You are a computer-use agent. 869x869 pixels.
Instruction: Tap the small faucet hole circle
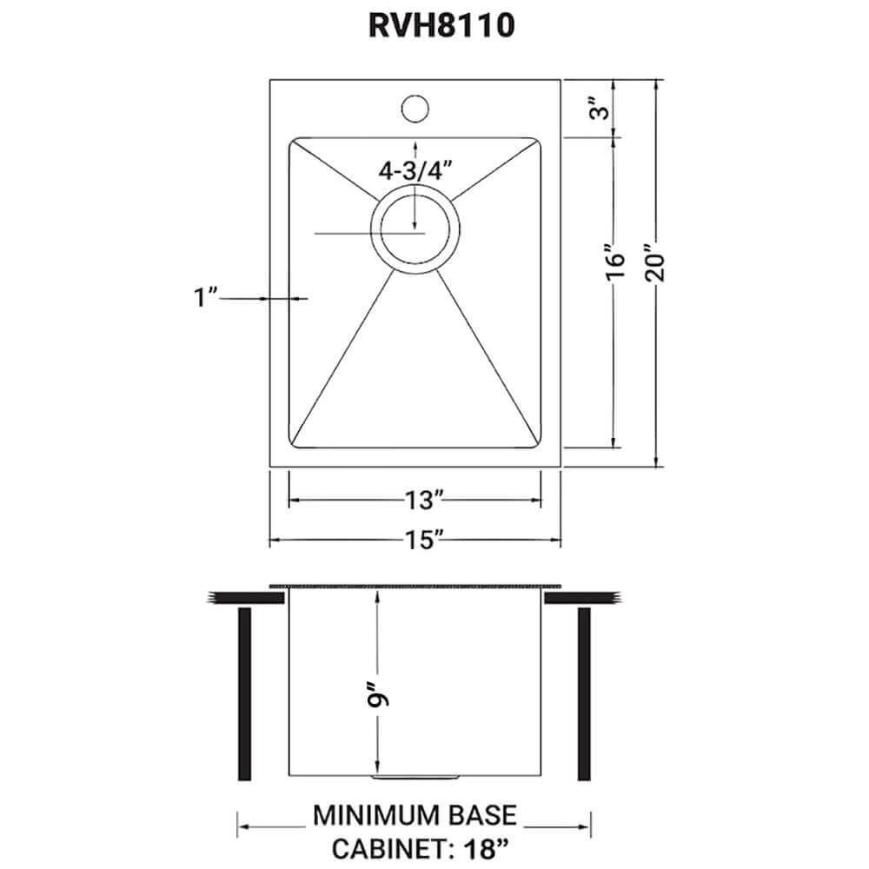pos(415,109)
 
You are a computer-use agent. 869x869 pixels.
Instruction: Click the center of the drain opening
pos(414,230)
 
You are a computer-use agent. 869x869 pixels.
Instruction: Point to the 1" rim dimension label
pos(204,298)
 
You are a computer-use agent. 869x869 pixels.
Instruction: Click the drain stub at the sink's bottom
pos(415,773)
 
